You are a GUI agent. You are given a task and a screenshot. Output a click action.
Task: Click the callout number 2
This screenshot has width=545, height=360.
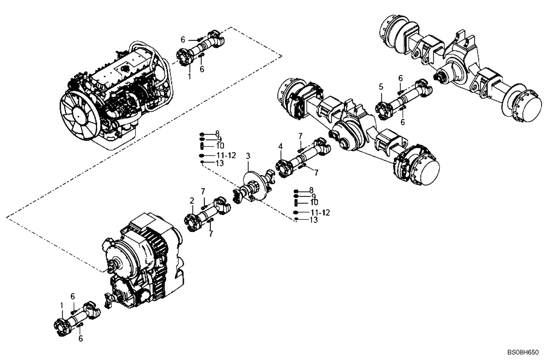[192, 201]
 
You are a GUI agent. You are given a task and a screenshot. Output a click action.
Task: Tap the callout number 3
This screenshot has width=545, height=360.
[248, 157]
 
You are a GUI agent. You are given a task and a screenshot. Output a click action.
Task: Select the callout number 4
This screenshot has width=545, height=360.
[280, 146]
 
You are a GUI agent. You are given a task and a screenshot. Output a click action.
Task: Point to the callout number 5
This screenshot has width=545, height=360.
[381, 87]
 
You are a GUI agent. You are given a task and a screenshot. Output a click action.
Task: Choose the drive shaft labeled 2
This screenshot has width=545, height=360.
[209, 212]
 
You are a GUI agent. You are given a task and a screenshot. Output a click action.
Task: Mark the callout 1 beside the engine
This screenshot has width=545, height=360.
[189, 77]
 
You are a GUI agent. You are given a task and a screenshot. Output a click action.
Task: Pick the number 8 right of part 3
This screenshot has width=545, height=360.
[311, 190]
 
